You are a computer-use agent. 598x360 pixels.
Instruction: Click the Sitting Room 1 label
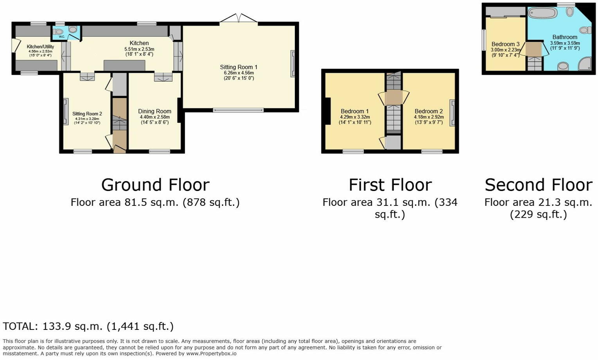click(x=239, y=67)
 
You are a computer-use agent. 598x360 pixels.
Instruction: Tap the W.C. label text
click(x=61, y=37)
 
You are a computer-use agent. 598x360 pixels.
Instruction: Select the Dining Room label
click(x=154, y=112)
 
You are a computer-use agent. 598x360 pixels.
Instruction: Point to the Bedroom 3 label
click(x=506, y=44)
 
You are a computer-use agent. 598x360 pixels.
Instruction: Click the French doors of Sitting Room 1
click(x=239, y=18)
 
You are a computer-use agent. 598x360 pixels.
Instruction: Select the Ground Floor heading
click(x=155, y=185)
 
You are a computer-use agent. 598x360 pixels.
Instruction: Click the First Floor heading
click(x=390, y=185)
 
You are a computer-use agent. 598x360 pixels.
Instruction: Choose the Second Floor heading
click(x=539, y=185)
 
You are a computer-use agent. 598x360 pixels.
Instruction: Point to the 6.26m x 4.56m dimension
click(x=239, y=73)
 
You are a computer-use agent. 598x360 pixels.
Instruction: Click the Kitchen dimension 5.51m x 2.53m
click(x=139, y=49)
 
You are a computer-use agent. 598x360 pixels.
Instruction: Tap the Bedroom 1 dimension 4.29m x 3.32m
click(x=355, y=117)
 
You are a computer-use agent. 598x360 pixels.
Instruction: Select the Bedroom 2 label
click(x=429, y=112)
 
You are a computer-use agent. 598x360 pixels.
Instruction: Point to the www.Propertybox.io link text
click(x=211, y=354)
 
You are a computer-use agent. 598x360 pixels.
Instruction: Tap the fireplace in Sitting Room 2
click(x=66, y=112)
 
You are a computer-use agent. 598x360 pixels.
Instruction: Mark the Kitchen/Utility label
click(x=40, y=47)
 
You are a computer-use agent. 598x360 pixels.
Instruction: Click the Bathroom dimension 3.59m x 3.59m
click(x=565, y=43)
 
